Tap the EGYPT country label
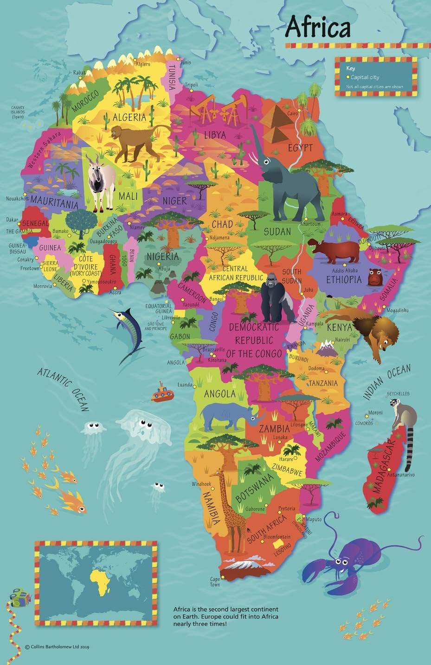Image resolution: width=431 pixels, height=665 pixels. [x=300, y=148]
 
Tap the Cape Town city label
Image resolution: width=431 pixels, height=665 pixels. [x=215, y=582]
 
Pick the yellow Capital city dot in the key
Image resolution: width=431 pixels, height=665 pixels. [x=347, y=77]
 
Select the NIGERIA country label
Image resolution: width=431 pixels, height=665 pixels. [x=162, y=257]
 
